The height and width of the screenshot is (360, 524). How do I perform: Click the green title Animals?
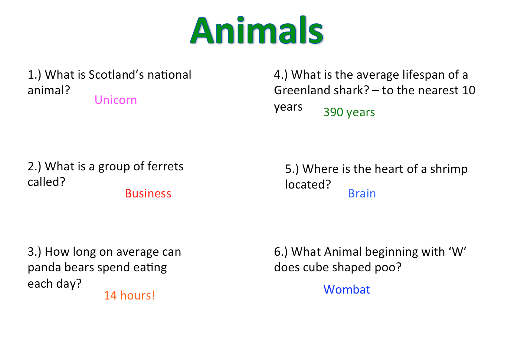click(257, 30)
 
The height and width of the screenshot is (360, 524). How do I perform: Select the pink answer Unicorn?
click(115, 100)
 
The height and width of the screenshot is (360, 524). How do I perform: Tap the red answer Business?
click(148, 193)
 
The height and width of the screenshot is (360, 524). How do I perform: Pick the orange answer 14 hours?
click(130, 295)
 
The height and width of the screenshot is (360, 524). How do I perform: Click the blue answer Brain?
click(362, 193)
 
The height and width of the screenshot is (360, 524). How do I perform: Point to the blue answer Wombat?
click(347, 289)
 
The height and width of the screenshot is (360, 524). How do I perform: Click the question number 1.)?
click(35, 75)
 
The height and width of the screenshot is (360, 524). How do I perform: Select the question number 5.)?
click(292, 169)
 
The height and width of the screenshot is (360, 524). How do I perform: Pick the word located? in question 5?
click(308, 185)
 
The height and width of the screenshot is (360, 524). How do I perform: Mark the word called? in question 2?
click(46, 182)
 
